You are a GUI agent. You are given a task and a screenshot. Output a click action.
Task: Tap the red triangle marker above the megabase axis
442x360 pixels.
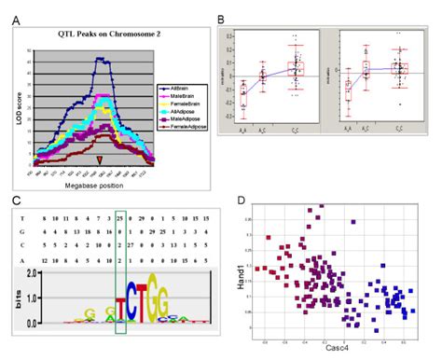tap(100, 160)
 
